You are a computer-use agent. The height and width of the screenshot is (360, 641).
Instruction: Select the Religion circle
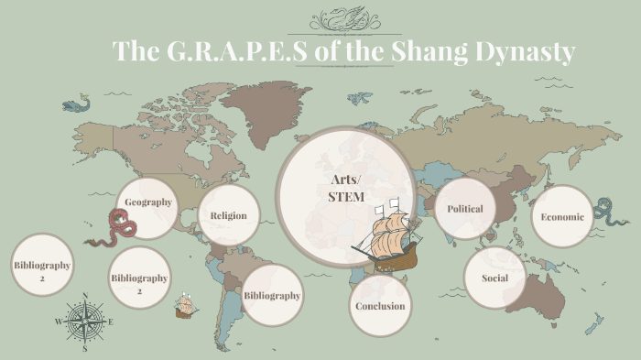pos(228,216)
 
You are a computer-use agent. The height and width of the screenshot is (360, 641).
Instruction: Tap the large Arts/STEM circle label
pos(345,188)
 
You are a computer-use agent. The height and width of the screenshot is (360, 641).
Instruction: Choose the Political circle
pos(464,209)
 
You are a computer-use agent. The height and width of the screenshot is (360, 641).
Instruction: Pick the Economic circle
pos(562,217)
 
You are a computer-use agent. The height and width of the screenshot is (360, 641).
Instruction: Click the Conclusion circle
pos(380,306)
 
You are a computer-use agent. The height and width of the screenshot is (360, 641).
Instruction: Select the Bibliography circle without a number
pos(272,296)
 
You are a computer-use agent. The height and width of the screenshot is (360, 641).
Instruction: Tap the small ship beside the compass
pos(186,305)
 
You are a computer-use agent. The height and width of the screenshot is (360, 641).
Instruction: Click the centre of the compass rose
pos(85,322)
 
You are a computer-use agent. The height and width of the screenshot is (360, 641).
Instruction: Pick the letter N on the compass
pos(85,296)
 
